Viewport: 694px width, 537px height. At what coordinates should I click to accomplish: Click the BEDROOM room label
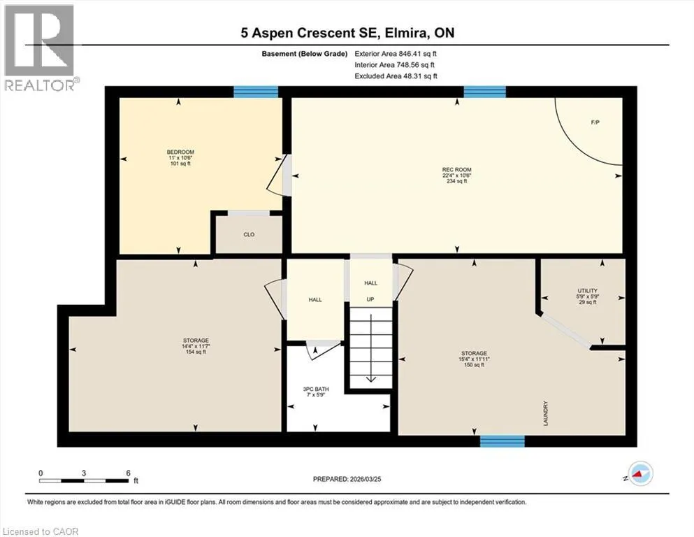point(180,152)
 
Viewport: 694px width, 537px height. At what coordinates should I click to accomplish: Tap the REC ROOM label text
point(457,169)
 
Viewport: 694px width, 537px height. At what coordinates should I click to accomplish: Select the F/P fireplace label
point(595,122)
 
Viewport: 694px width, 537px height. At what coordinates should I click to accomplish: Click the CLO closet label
point(249,235)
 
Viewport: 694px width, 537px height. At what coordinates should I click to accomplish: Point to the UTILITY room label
point(587,291)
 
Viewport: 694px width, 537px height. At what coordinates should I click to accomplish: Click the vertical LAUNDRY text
point(546,413)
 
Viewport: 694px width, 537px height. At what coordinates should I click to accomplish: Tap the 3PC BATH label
point(316,389)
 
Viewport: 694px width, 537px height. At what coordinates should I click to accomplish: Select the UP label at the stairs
point(370,299)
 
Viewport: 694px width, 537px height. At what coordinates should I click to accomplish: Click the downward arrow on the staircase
point(370,345)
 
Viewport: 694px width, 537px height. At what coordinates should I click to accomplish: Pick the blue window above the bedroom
point(256,92)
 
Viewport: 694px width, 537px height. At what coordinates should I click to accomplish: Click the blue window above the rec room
point(484,92)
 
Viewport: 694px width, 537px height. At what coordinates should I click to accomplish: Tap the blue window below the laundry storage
point(503,441)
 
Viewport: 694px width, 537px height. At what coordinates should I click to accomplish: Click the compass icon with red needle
point(641,473)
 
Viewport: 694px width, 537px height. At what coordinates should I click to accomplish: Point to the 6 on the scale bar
point(129,473)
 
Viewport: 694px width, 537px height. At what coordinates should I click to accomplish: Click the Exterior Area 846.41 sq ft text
point(396,54)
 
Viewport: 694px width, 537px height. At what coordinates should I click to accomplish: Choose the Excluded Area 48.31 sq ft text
point(396,76)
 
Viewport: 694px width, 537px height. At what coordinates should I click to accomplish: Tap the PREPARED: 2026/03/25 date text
point(347,479)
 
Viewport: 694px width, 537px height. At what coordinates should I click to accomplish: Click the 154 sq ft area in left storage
point(196,352)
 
